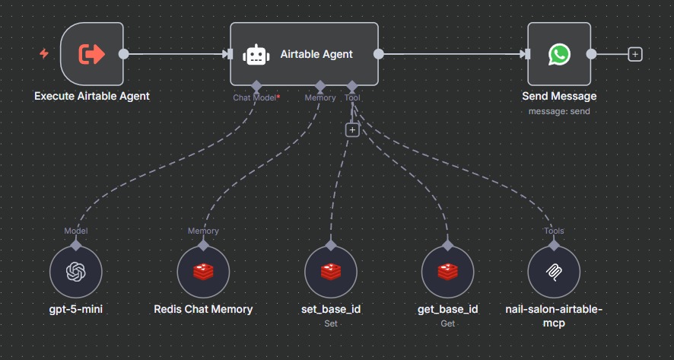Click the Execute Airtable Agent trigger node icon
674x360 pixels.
coord(92,54)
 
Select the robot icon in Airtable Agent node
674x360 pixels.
coord(256,55)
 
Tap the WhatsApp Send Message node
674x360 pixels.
coord(559,54)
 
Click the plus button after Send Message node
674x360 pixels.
coord(635,54)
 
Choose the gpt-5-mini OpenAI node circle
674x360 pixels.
coord(75,272)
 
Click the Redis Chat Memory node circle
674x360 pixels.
coord(203,272)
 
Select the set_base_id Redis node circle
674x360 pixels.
coord(330,272)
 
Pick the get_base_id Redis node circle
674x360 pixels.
coord(448,272)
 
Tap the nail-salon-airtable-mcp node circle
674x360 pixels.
coord(554,272)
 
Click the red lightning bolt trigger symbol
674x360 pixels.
coord(44,54)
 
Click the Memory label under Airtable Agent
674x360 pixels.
coord(320,97)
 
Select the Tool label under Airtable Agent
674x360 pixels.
coord(352,97)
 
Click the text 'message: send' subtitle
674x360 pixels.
coord(559,111)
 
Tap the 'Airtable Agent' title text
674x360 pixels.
coord(316,54)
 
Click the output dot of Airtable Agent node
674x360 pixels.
coord(379,54)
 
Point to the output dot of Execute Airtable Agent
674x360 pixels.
coord(124,54)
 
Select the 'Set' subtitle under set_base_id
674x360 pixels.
coord(330,323)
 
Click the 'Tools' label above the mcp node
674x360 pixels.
coord(554,231)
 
